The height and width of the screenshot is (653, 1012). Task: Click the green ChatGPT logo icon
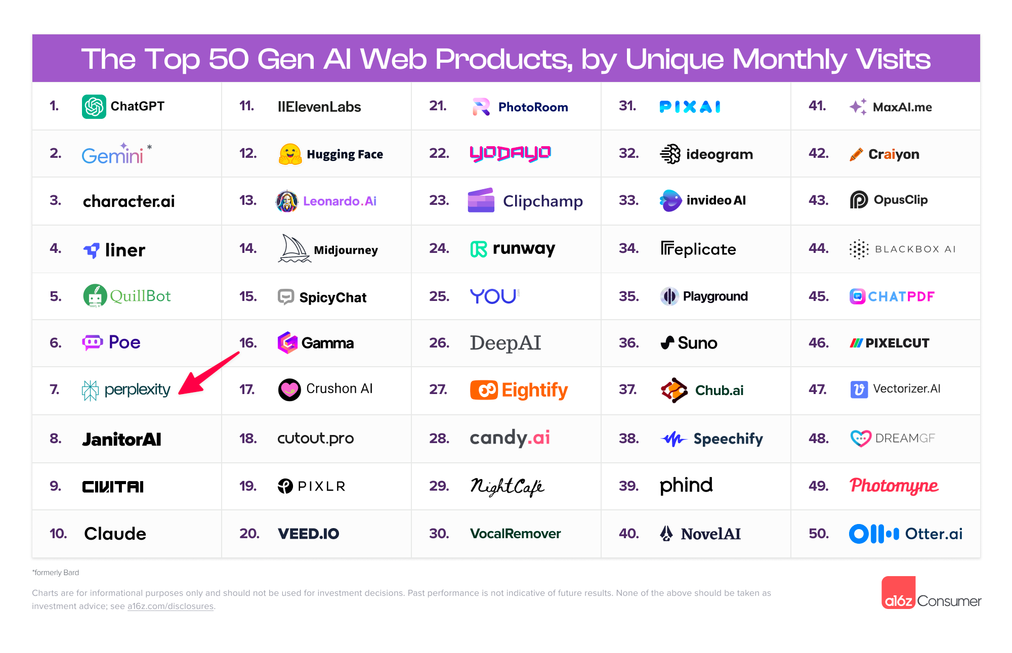(94, 106)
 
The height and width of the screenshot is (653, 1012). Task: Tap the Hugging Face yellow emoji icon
(290, 154)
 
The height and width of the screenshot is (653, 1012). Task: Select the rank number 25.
(439, 296)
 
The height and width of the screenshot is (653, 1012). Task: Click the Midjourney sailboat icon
(294, 248)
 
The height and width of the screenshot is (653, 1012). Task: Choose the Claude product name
(115, 534)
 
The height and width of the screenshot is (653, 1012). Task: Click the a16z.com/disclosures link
(170, 606)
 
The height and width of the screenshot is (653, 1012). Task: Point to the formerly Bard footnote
(56, 573)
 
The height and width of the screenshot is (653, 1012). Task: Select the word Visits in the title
(893, 59)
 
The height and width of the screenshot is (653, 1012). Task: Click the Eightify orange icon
(484, 390)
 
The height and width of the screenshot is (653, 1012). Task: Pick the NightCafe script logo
(507, 486)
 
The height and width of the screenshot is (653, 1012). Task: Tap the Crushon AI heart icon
(289, 389)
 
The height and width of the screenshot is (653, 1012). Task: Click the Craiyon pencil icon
(856, 154)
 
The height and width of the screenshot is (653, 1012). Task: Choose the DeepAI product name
(505, 343)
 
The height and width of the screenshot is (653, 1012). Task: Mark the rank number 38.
(628, 439)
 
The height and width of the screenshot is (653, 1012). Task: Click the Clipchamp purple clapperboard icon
(481, 200)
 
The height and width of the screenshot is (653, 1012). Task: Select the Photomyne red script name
(894, 486)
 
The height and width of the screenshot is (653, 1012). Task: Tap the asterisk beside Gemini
(149, 147)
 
